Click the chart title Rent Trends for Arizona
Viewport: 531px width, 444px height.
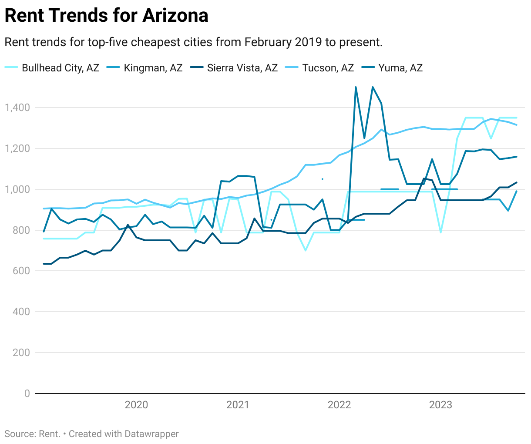click(106, 16)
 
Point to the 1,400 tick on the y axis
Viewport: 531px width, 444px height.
click(17, 108)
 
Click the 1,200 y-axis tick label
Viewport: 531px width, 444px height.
click(17, 148)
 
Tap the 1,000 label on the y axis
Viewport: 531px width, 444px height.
click(17, 189)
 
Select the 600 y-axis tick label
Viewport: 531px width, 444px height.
click(21, 271)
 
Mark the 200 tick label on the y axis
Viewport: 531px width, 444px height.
click(21, 353)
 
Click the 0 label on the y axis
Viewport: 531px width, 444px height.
click(27, 394)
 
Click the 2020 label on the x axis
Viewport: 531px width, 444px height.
click(136, 405)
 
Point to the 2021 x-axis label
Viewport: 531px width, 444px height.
click(238, 405)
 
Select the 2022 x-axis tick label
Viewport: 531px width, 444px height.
click(339, 405)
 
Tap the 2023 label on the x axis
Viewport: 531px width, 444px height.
click(440, 405)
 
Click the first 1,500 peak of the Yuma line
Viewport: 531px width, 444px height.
click(356, 87)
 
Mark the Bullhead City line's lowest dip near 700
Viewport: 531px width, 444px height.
click(305, 250)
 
